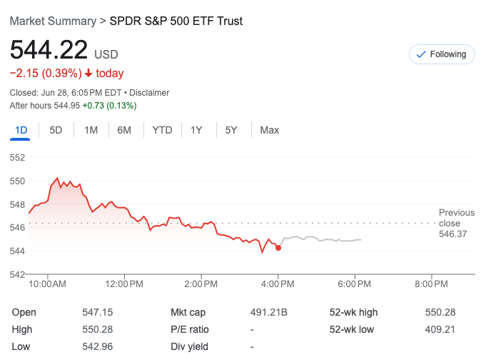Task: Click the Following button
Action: (x=442, y=54)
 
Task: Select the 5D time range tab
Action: (x=56, y=130)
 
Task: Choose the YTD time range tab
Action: (x=162, y=130)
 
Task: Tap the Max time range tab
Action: (x=269, y=130)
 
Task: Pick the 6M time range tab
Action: (x=124, y=130)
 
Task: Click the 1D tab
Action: (x=21, y=130)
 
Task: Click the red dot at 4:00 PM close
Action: (x=278, y=248)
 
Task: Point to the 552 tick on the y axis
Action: (x=18, y=157)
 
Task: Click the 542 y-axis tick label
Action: (x=18, y=274)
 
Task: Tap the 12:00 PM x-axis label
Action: (x=124, y=284)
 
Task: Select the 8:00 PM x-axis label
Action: (x=430, y=284)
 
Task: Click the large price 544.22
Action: (x=49, y=50)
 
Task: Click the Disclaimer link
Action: (x=149, y=92)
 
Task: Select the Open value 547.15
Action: (x=98, y=312)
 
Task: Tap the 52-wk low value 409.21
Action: (x=439, y=329)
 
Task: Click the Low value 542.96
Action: (x=98, y=346)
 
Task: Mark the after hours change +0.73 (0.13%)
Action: (x=109, y=106)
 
